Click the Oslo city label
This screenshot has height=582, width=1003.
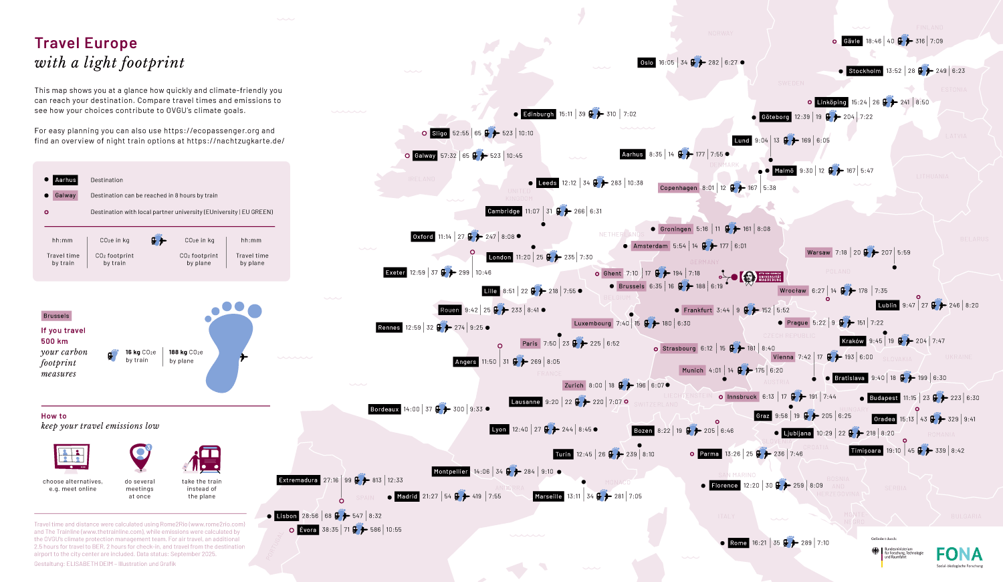click(x=647, y=63)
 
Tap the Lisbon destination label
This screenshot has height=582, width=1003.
click(x=286, y=516)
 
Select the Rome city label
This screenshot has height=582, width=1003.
click(x=738, y=543)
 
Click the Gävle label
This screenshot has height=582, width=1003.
click(x=852, y=41)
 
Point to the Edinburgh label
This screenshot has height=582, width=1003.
click(x=538, y=114)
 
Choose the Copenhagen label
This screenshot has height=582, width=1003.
click(x=679, y=188)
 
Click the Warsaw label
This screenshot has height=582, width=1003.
click(x=818, y=253)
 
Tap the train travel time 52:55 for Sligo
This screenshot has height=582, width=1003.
click(x=460, y=133)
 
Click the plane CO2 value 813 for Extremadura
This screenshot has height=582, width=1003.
click(x=377, y=480)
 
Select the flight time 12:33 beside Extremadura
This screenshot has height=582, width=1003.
click(x=395, y=480)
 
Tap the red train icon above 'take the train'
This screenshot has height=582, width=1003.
click(x=209, y=460)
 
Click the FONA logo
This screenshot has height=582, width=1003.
click(x=959, y=555)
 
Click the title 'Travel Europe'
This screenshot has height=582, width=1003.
click(x=86, y=43)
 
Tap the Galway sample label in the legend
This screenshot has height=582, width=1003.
click(x=66, y=195)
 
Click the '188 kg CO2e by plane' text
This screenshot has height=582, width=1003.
click(x=186, y=357)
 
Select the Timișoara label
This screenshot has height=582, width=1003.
click(x=866, y=451)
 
